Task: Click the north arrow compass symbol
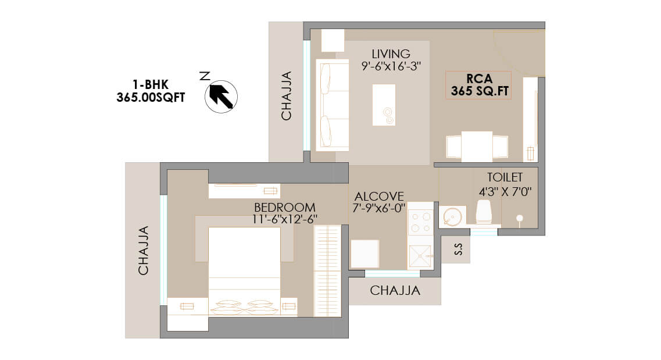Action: point(221,97)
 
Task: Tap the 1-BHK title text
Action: point(151,84)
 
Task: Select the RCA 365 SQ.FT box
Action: point(478,85)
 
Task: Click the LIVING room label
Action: point(391,54)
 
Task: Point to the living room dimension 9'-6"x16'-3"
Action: point(391,66)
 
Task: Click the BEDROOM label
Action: point(284,208)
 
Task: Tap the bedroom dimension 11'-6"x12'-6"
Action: point(284,219)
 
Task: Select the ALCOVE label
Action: point(379,197)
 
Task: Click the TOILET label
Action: point(505,177)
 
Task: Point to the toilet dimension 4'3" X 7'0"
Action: point(505,192)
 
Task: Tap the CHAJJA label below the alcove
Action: point(395,290)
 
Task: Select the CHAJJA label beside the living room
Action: point(286,96)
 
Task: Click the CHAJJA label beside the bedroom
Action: point(144,251)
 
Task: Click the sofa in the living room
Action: point(333,105)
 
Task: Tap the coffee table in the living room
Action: point(384,105)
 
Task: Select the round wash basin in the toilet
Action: point(452,217)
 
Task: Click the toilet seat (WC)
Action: point(484,212)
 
